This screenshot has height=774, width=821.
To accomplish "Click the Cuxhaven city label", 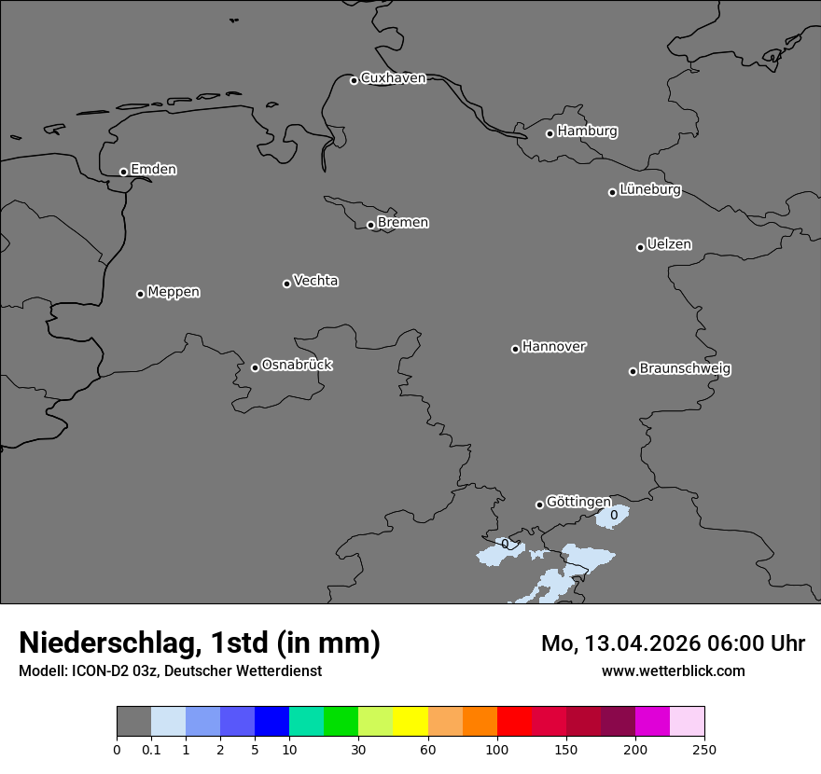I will [393, 78].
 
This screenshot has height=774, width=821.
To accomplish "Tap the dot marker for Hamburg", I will [550, 133].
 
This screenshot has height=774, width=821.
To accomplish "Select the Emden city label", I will [153, 170].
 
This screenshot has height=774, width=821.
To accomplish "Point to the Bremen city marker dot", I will [370, 225].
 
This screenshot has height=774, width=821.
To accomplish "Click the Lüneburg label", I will [649, 190].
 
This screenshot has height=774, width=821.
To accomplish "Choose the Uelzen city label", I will [669, 244].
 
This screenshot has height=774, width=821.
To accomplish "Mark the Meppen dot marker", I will [140, 294].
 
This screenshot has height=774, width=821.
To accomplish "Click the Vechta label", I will [315, 281].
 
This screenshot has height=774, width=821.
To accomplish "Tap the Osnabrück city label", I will [297, 365].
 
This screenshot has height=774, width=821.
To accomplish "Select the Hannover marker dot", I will [515, 349].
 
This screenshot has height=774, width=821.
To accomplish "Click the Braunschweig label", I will [685, 369].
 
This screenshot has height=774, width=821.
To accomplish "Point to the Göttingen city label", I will [578, 502].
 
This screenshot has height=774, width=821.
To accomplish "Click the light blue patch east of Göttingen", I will [613, 516].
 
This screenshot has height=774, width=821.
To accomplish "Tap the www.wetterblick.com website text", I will [673, 670].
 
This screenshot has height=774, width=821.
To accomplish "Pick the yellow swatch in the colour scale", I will [410, 722].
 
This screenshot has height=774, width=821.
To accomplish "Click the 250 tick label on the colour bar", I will [703, 749].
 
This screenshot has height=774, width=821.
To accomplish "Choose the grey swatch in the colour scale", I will [133, 722].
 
